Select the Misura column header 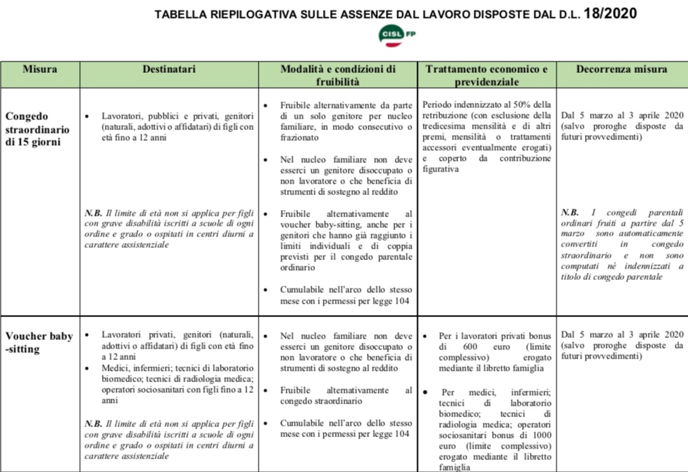(x=40, y=70)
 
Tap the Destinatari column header (x=169, y=70)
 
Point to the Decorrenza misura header (x=621, y=70)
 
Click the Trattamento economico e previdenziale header (x=486, y=76)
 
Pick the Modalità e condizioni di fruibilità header (x=337, y=76)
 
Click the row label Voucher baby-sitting (x=39, y=343)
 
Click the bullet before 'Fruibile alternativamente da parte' (x=265, y=105)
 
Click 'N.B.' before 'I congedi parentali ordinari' (x=569, y=213)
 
